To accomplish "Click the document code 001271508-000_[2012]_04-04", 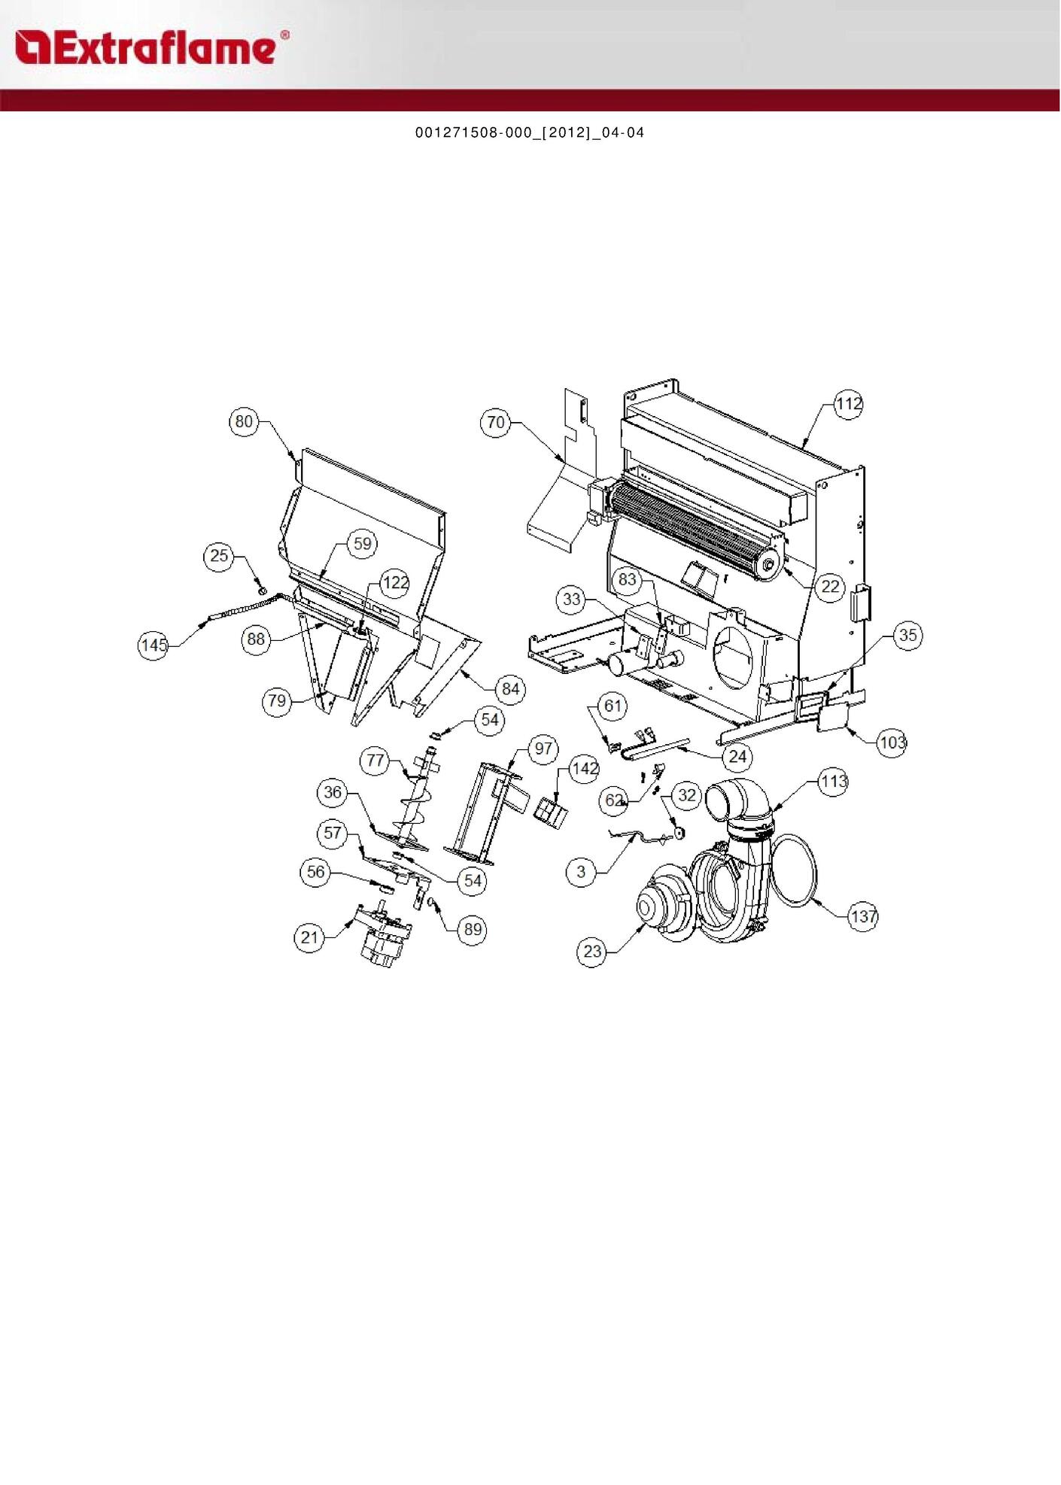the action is coord(530,133).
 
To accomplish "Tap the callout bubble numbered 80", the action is coord(244,421).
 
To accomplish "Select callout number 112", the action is coord(848,405).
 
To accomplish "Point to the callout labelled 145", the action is coord(154,645).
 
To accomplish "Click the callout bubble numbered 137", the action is coord(863,916).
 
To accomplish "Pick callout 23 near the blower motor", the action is coord(593,952).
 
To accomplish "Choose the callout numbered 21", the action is coord(309,937).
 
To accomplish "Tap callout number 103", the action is coord(892,743).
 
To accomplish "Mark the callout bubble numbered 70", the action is coord(496,423).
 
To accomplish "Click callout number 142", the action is coord(585,769).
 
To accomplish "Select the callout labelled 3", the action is coord(581,872).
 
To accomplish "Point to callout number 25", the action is coord(219,556).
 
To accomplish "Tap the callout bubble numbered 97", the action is coord(543,749).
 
